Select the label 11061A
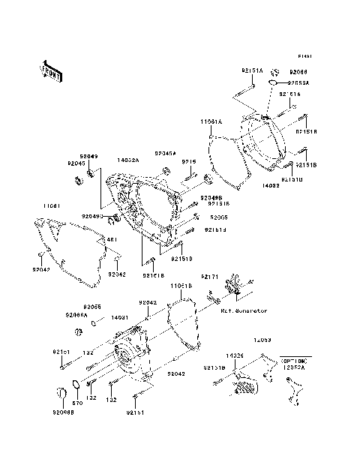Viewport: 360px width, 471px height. pos(210,120)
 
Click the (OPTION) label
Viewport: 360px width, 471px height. pos(294,360)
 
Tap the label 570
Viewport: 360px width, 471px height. pos(76,404)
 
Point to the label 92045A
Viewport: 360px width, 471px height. pos(166,152)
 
